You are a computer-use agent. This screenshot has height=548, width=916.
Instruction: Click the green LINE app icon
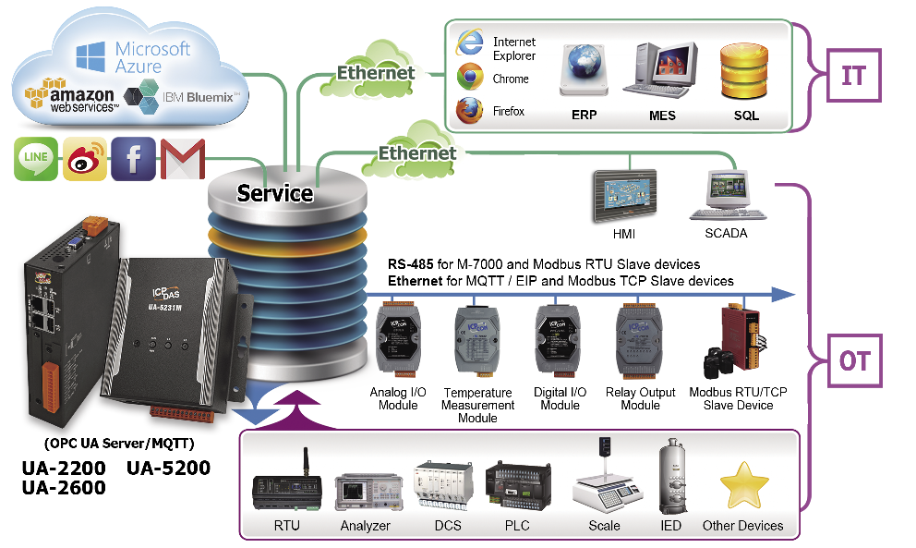(x=36, y=159)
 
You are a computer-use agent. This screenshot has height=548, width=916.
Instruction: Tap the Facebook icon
(x=133, y=159)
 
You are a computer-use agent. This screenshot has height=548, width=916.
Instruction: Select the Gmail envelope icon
(x=183, y=159)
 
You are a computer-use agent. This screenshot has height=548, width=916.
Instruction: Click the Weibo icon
(x=85, y=159)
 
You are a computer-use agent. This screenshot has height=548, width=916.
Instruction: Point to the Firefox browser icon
(x=469, y=111)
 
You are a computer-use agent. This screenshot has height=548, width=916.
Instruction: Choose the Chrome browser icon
(x=470, y=78)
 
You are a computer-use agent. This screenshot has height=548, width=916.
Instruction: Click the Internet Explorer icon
(x=470, y=43)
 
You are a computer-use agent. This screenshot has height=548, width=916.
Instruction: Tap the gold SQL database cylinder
(x=743, y=72)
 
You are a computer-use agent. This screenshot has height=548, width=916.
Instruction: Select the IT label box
(x=853, y=76)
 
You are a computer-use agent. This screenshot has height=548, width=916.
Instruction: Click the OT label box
(x=855, y=360)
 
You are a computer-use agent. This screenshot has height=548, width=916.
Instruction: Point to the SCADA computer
(x=728, y=195)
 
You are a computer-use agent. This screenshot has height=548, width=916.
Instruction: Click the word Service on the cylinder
(x=274, y=193)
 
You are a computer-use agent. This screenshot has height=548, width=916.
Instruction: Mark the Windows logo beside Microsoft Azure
(x=90, y=56)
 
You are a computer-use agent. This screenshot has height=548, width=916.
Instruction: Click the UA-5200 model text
(x=168, y=468)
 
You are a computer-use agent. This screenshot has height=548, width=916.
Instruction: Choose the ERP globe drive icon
(x=584, y=69)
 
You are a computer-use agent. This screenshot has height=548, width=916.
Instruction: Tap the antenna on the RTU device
(x=305, y=463)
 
